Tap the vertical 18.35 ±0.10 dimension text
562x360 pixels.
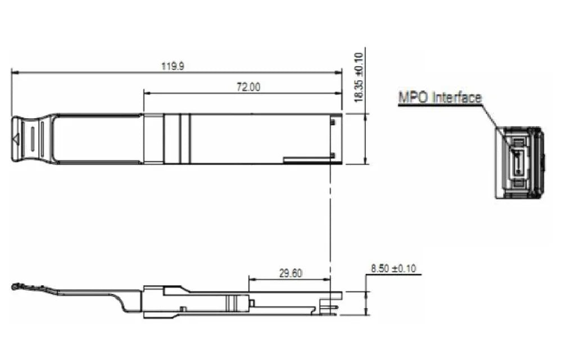359,76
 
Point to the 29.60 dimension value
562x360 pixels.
291,273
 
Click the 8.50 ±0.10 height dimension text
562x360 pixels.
394,268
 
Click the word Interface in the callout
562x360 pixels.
456,97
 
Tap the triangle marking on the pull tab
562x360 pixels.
16,139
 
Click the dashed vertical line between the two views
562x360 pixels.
330,225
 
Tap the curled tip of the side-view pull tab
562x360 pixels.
15,287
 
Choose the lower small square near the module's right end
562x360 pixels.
334,155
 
